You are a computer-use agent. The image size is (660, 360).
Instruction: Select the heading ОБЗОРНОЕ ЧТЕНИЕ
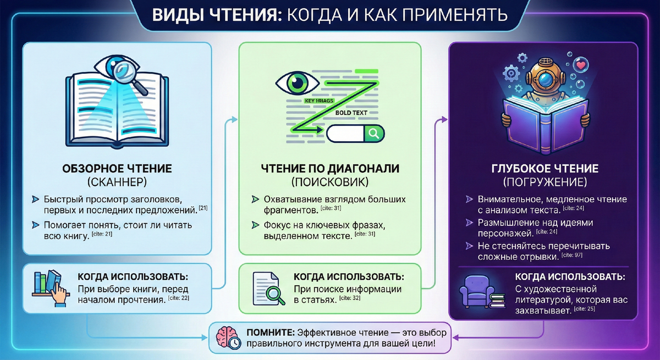(117, 168)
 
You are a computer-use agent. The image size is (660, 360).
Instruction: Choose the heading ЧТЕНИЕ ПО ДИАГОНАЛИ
(330, 168)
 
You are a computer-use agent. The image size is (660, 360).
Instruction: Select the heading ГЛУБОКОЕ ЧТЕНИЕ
(544, 168)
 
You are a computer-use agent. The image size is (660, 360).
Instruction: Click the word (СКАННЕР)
(117, 181)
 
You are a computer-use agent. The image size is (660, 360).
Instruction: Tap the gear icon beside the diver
(511, 72)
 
